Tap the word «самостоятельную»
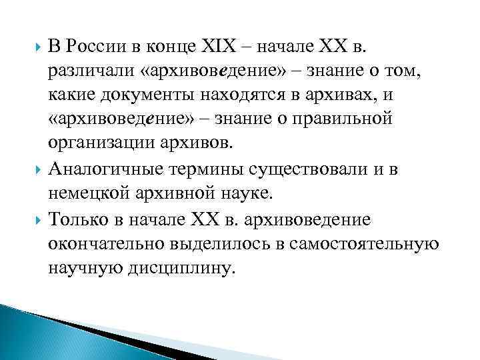pos(364,243)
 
